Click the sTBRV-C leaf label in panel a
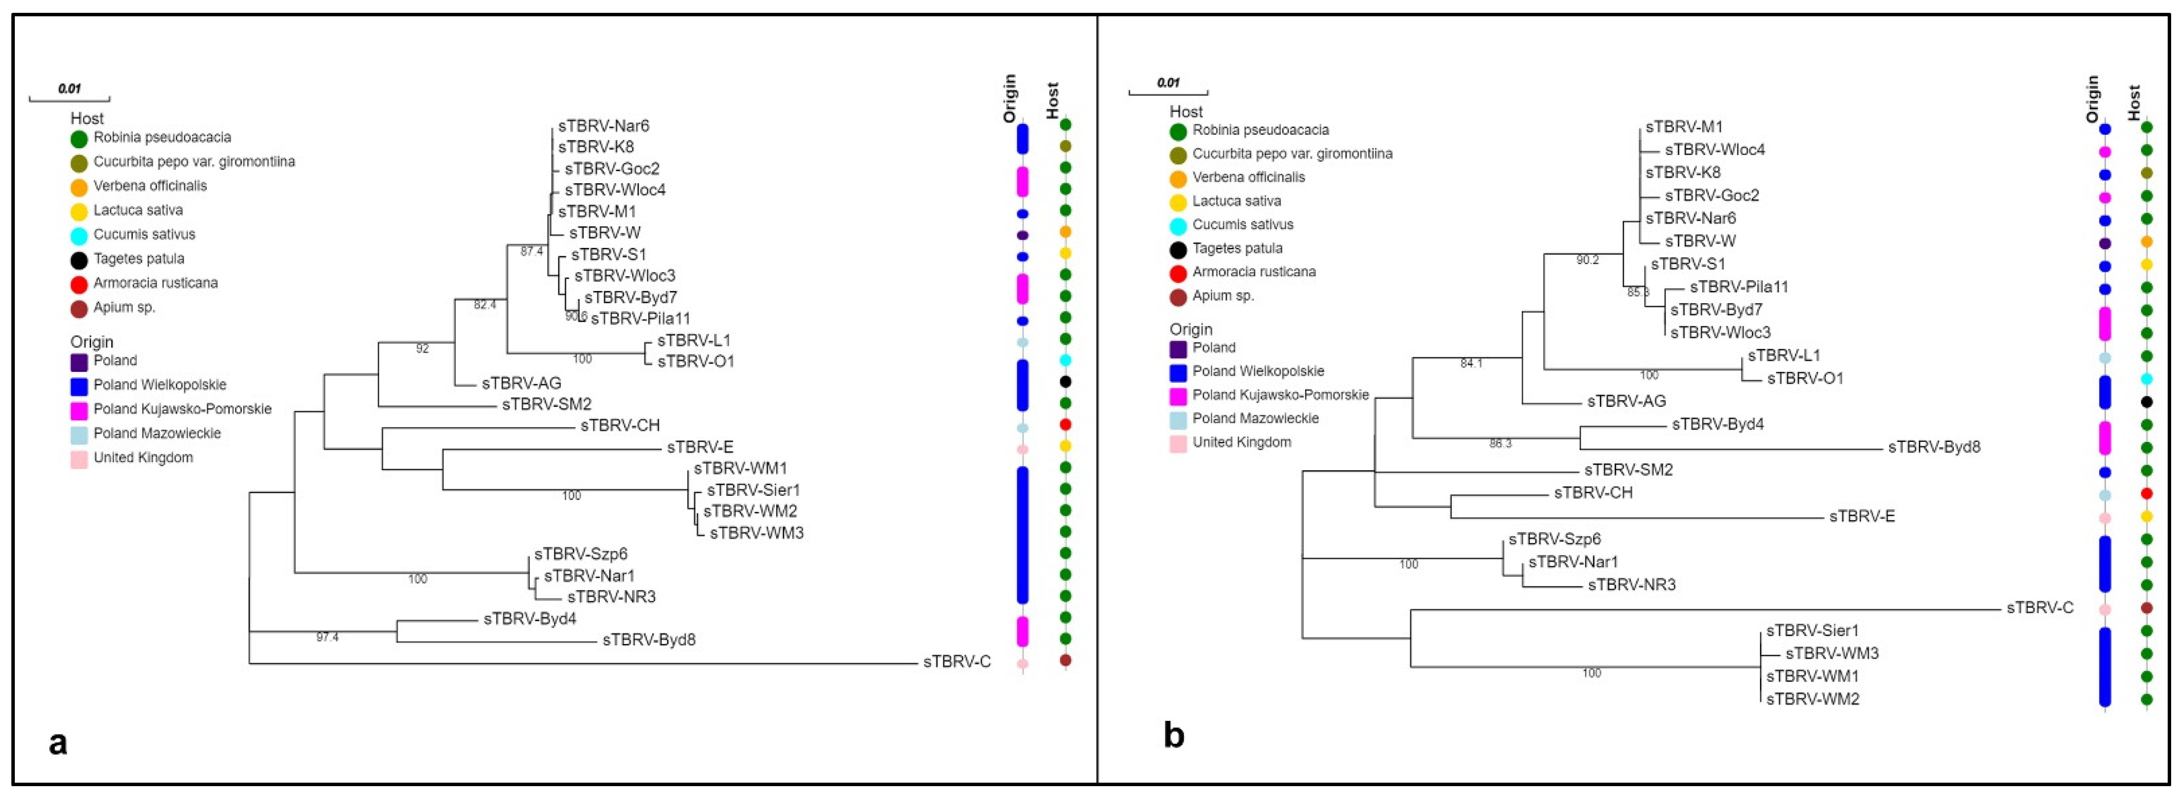coord(956,662)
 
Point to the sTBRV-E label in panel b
coord(1862,516)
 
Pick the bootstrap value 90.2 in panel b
coord(1587,260)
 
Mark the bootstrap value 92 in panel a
coord(422,348)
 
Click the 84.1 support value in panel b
coord(1471,363)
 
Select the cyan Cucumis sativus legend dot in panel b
coord(1177,225)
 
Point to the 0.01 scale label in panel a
coord(70,87)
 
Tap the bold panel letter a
coord(58,742)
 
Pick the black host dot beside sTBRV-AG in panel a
coord(1066,382)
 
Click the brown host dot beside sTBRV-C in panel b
coord(2145,608)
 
